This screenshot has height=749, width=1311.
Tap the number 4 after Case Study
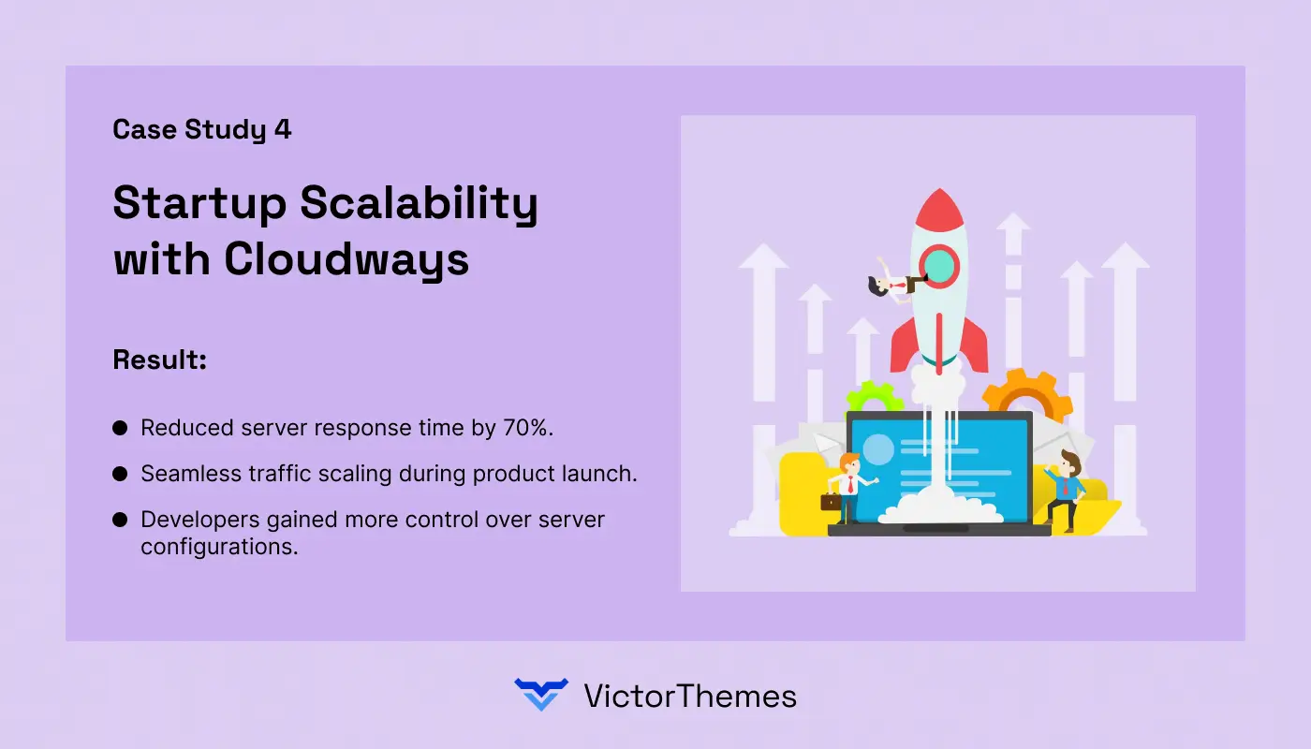coord(283,130)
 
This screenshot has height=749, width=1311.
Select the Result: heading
coord(159,360)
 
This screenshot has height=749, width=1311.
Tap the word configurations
coord(219,547)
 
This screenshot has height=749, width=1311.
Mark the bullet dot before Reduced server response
coord(120,428)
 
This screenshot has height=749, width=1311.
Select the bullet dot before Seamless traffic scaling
coord(120,474)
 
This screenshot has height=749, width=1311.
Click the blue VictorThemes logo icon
coord(541,695)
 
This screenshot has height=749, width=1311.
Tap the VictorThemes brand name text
coord(690,696)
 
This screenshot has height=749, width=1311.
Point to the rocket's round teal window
coord(939,267)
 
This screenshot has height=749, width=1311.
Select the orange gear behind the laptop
coord(1026,393)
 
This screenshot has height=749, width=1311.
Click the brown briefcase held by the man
coord(831,501)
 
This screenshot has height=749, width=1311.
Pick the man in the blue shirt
coord(1067,489)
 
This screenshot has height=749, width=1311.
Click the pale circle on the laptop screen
coord(878,450)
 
